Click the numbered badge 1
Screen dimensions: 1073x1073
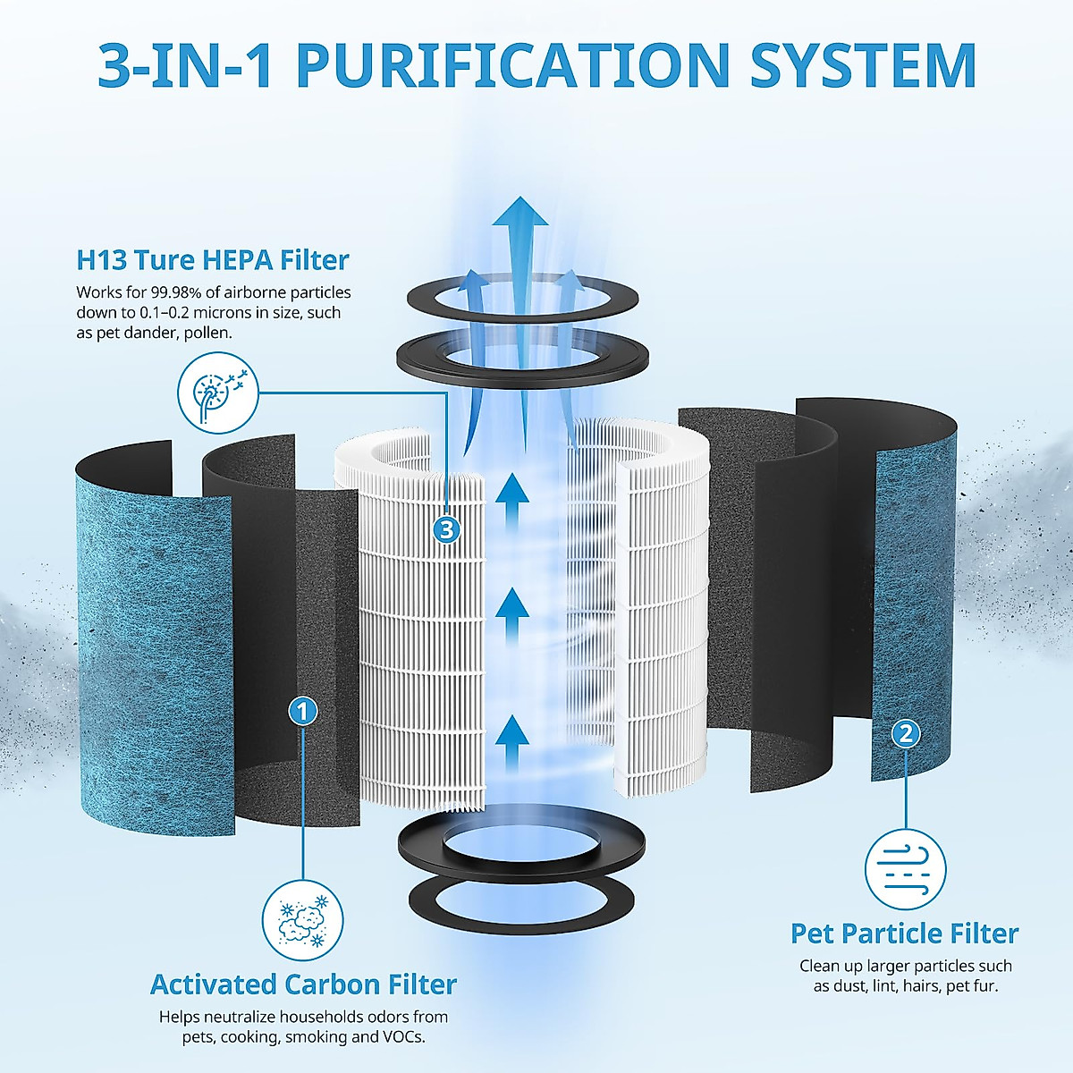coord(303,711)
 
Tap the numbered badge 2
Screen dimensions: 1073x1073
coord(906,734)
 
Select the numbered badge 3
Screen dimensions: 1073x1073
coord(446,530)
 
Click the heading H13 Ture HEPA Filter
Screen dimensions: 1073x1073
coord(213,260)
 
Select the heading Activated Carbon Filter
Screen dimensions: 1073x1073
coord(303,984)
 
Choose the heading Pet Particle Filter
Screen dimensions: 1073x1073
coord(905,934)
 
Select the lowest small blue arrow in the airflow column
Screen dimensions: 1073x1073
coord(512,735)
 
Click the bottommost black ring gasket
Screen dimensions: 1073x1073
coord(522,894)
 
